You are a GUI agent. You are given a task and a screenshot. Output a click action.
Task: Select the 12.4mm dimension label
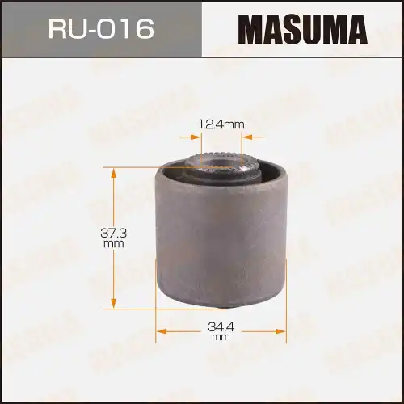(x=221, y=124)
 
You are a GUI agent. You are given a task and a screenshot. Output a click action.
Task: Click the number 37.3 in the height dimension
(x=112, y=232)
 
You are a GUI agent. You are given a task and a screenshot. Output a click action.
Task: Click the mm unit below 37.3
(x=112, y=242)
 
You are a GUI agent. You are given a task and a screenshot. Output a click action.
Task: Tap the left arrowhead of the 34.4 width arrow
(x=159, y=330)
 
